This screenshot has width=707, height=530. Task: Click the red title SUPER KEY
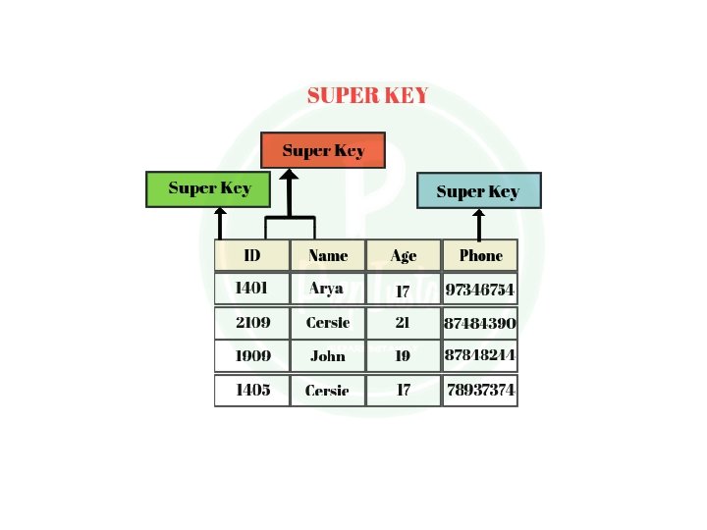tap(367, 95)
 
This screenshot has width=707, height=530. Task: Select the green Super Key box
tap(208, 188)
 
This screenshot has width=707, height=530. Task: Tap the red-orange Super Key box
tap(323, 150)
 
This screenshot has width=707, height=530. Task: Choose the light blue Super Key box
tap(477, 191)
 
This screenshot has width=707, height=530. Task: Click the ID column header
tap(252, 255)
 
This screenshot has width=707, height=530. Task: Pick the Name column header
tap(328, 255)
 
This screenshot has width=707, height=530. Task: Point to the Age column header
tap(404, 255)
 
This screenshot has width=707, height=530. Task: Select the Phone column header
tap(480, 255)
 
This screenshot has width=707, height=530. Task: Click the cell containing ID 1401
tap(252, 289)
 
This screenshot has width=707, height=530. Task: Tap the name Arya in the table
tap(327, 289)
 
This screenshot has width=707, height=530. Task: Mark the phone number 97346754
tap(480, 290)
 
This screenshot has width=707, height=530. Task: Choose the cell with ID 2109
tap(252, 322)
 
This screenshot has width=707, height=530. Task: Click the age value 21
tap(403, 322)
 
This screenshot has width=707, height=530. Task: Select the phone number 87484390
tap(480, 323)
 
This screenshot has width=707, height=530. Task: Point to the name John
tap(328, 355)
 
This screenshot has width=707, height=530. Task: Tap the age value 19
tap(403, 355)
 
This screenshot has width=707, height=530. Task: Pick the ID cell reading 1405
tap(252, 390)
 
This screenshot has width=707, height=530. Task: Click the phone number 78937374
tap(480, 390)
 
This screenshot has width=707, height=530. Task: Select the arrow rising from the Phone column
tap(479, 224)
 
